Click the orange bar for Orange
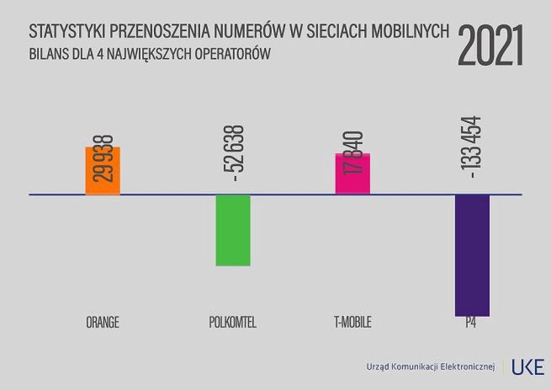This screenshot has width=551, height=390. point(103,171)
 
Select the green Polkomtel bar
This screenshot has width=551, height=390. point(233,230)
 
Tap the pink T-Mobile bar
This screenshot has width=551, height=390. point(352,174)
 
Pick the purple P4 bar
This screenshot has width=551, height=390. point(472,254)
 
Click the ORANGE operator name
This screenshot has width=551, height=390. point(103,323)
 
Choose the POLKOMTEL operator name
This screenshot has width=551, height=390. point(232,323)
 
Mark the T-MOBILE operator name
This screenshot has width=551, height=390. point(352,323)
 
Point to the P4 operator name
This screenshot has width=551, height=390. point(472,323)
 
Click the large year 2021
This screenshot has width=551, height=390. point(491,45)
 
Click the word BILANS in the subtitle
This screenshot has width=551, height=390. point(48,54)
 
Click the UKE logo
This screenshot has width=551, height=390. point(528,366)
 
